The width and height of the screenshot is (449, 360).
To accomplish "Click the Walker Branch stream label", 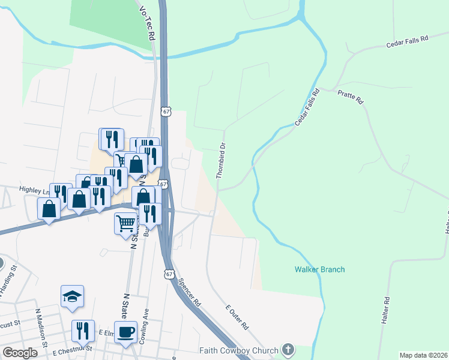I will [319, 269].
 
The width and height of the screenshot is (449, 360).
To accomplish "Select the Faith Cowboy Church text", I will [239, 350].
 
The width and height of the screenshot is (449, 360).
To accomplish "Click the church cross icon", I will [288, 349].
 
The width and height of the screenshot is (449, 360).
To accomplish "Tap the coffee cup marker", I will [126, 332].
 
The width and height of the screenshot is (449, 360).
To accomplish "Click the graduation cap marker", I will [72, 296].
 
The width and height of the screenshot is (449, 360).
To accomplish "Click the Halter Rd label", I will [386, 311].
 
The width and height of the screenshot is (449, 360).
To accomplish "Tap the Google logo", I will [20, 353].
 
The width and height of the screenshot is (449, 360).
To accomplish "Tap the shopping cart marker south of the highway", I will [126, 224].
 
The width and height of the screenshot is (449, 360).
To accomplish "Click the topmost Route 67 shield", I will [166, 112].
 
